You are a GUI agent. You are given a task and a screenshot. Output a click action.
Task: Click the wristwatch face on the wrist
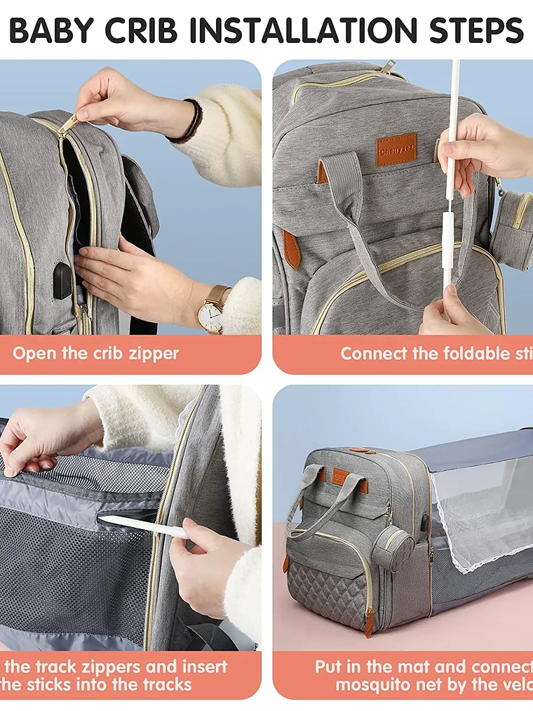[210, 317]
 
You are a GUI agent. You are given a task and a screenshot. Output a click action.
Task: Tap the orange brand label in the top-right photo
[396, 149]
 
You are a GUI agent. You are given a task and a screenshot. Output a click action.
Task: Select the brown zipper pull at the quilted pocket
[369, 620]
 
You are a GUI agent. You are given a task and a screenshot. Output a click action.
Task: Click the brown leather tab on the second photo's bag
[292, 248]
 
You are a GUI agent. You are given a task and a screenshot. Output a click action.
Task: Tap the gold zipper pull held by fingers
[69, 124]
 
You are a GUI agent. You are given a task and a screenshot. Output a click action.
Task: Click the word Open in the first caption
[33, 353]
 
